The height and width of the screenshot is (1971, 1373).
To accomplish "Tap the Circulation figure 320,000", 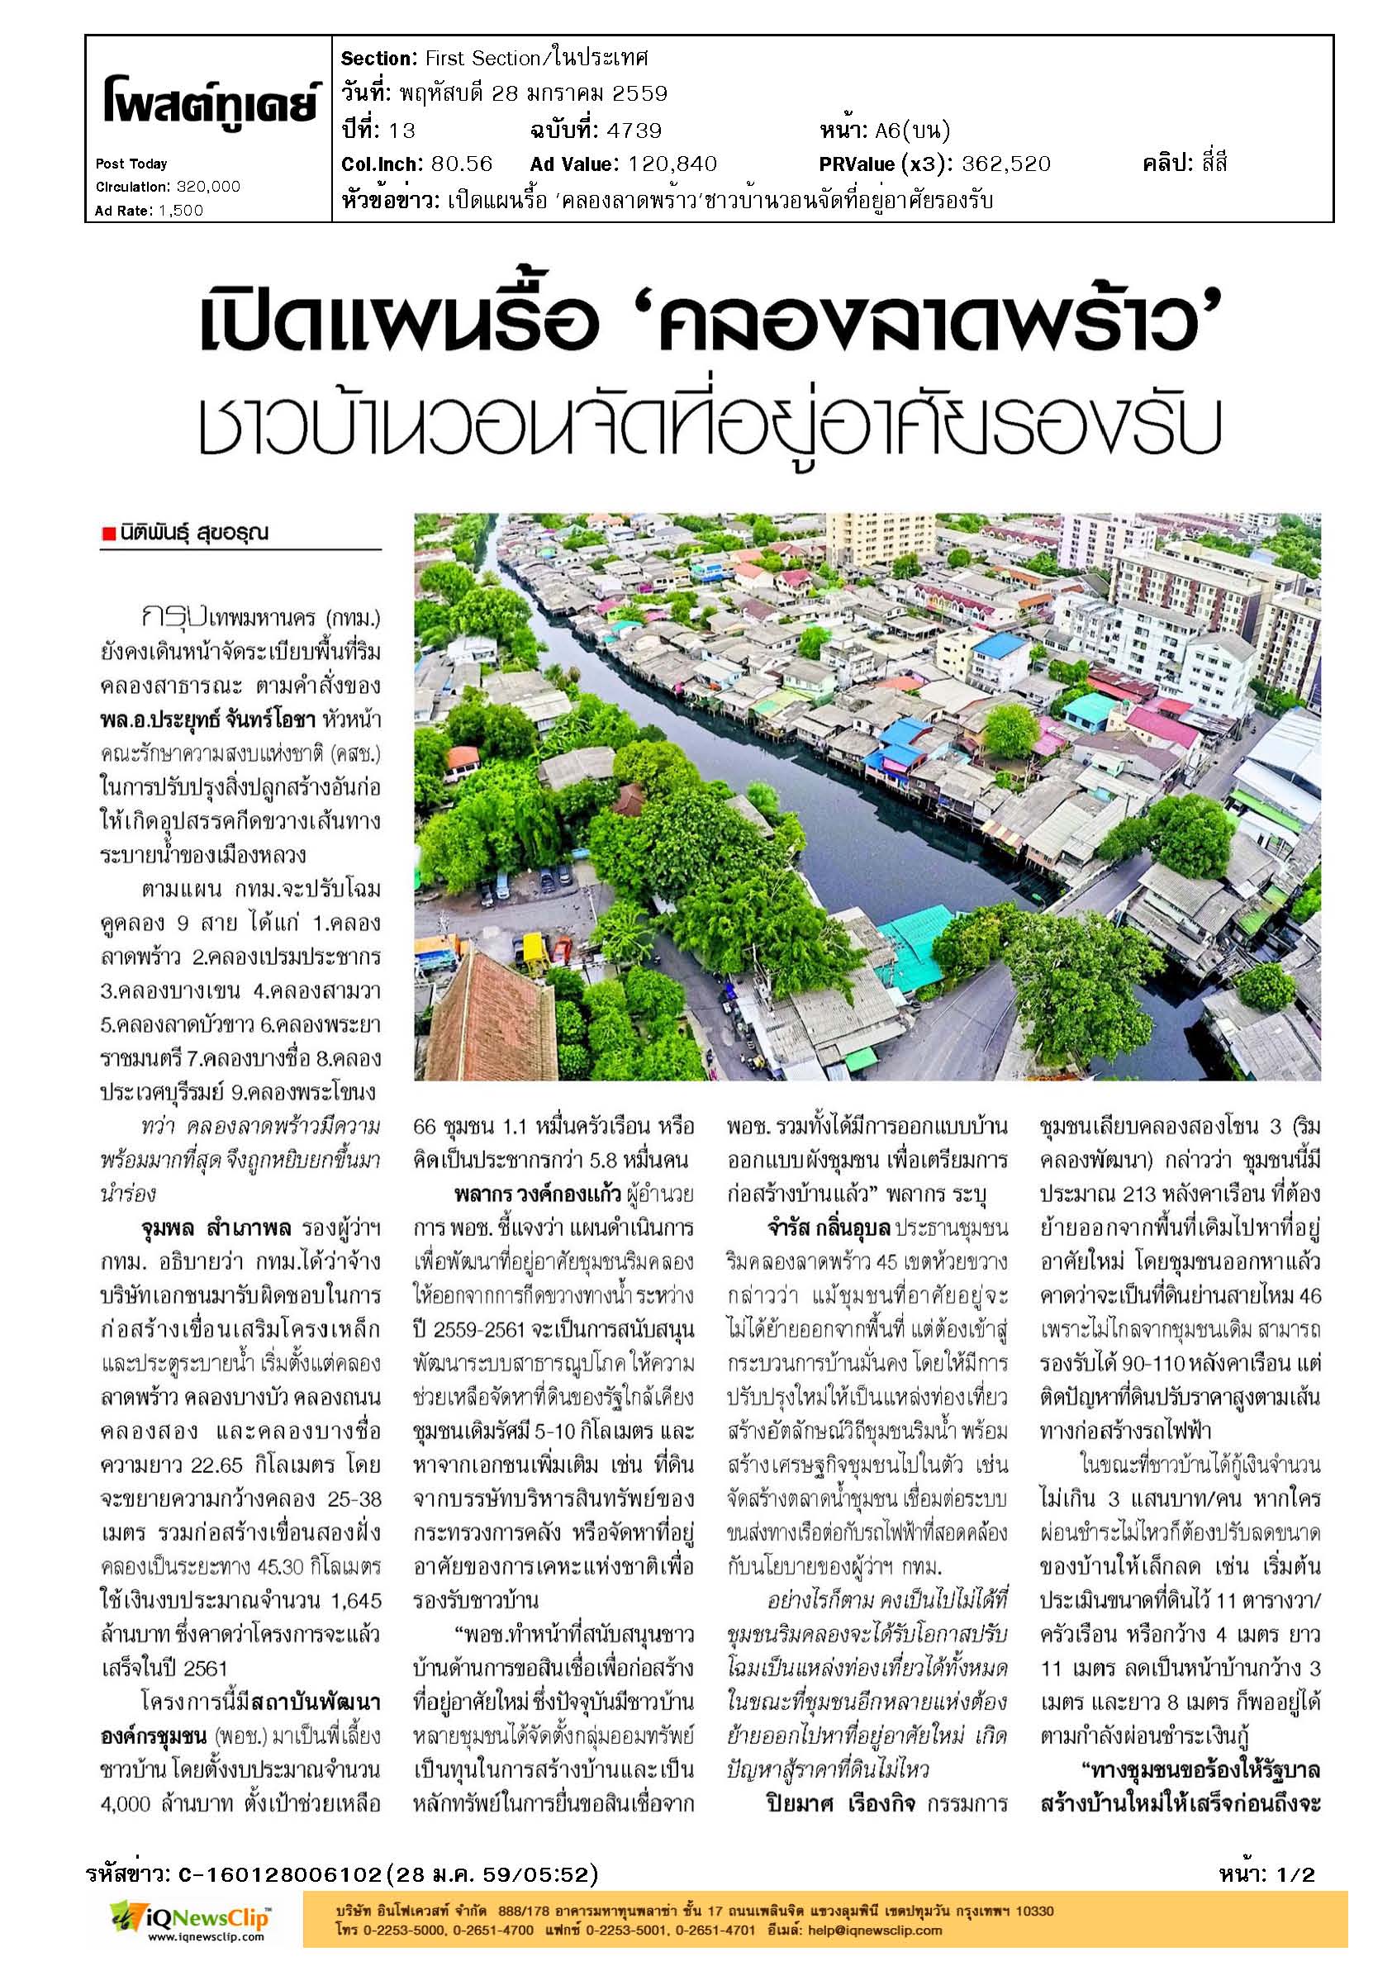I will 209,187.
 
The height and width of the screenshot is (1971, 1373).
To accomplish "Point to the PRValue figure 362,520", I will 1005,163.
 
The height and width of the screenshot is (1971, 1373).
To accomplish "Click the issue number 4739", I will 634,130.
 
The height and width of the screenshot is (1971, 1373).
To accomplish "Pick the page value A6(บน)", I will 912,130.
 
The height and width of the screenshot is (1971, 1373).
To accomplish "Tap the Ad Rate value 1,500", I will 180,211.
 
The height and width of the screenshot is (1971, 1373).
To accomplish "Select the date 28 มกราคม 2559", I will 533,93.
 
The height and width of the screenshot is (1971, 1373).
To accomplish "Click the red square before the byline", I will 108,534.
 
